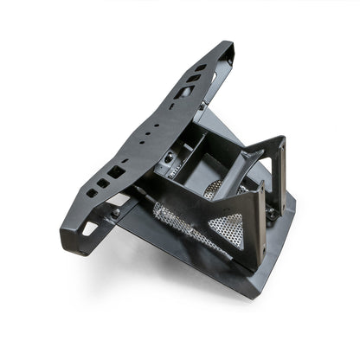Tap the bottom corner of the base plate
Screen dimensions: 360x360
coord(252,293)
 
